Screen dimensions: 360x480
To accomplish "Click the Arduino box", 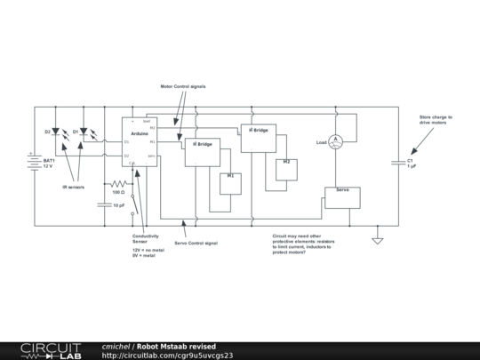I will pyautogui.click(x=140, y=141).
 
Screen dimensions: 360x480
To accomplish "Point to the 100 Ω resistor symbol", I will pyautogui.click(x=117, y=183).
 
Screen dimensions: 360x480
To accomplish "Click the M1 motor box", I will pyautogui.click(x=230, y=182).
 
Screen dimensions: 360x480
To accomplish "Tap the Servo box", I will pyautogui.click(x=342, y=197).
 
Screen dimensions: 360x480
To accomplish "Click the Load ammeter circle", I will pyautogui.click(x=336, y=140).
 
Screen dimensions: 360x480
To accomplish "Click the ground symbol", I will pyautogui.click(x=377, y=240).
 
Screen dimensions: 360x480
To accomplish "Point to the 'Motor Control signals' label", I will pyautogui.click(x=184, y=87).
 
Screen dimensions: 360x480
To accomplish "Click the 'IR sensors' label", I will pyautogui.click(x=72, y=188).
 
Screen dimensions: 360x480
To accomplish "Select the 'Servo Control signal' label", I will pyautogui.click(x=196, y=242).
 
